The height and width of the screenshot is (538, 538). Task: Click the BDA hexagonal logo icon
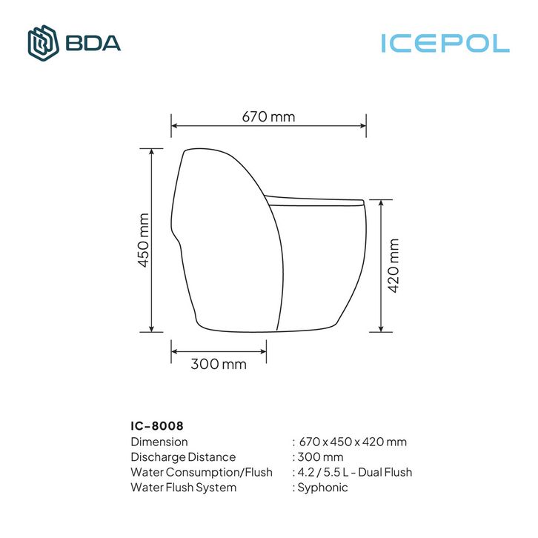pos(43,43)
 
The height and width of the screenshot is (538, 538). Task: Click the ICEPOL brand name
pos(445,44)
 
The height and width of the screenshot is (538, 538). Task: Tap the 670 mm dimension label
pos(268,116)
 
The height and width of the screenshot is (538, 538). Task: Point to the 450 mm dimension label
pos(144,240)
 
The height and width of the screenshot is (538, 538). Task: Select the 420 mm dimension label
pos(393,265)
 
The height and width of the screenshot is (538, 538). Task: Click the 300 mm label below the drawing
pos(219,364)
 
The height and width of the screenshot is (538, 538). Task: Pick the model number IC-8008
pos(157,426)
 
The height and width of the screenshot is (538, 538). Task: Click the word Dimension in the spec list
pos(159,442)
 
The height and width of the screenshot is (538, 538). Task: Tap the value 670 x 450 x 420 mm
pos(353,442)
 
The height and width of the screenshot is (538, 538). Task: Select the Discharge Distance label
pos(183,457)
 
